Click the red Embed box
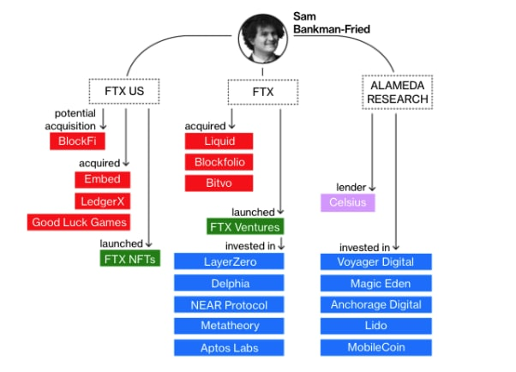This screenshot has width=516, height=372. click(x=102, y=179)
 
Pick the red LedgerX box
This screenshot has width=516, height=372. click(x=102, y=201)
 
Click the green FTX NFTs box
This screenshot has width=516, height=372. click(x=129, y=258)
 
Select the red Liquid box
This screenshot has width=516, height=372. click(x=219, y=141)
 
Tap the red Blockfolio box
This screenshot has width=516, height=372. click(x=219, y=162)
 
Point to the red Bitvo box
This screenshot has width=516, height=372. click(x=219, y=183)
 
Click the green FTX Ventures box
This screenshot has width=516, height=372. click(x=244, y=227)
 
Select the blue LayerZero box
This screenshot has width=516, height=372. click(x=229, y=261)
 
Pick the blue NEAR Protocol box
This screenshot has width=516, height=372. click(x=229, y=304)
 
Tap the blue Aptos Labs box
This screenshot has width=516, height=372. click(x=229, y=347)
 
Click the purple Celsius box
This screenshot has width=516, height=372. click(x=347, y=203)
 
